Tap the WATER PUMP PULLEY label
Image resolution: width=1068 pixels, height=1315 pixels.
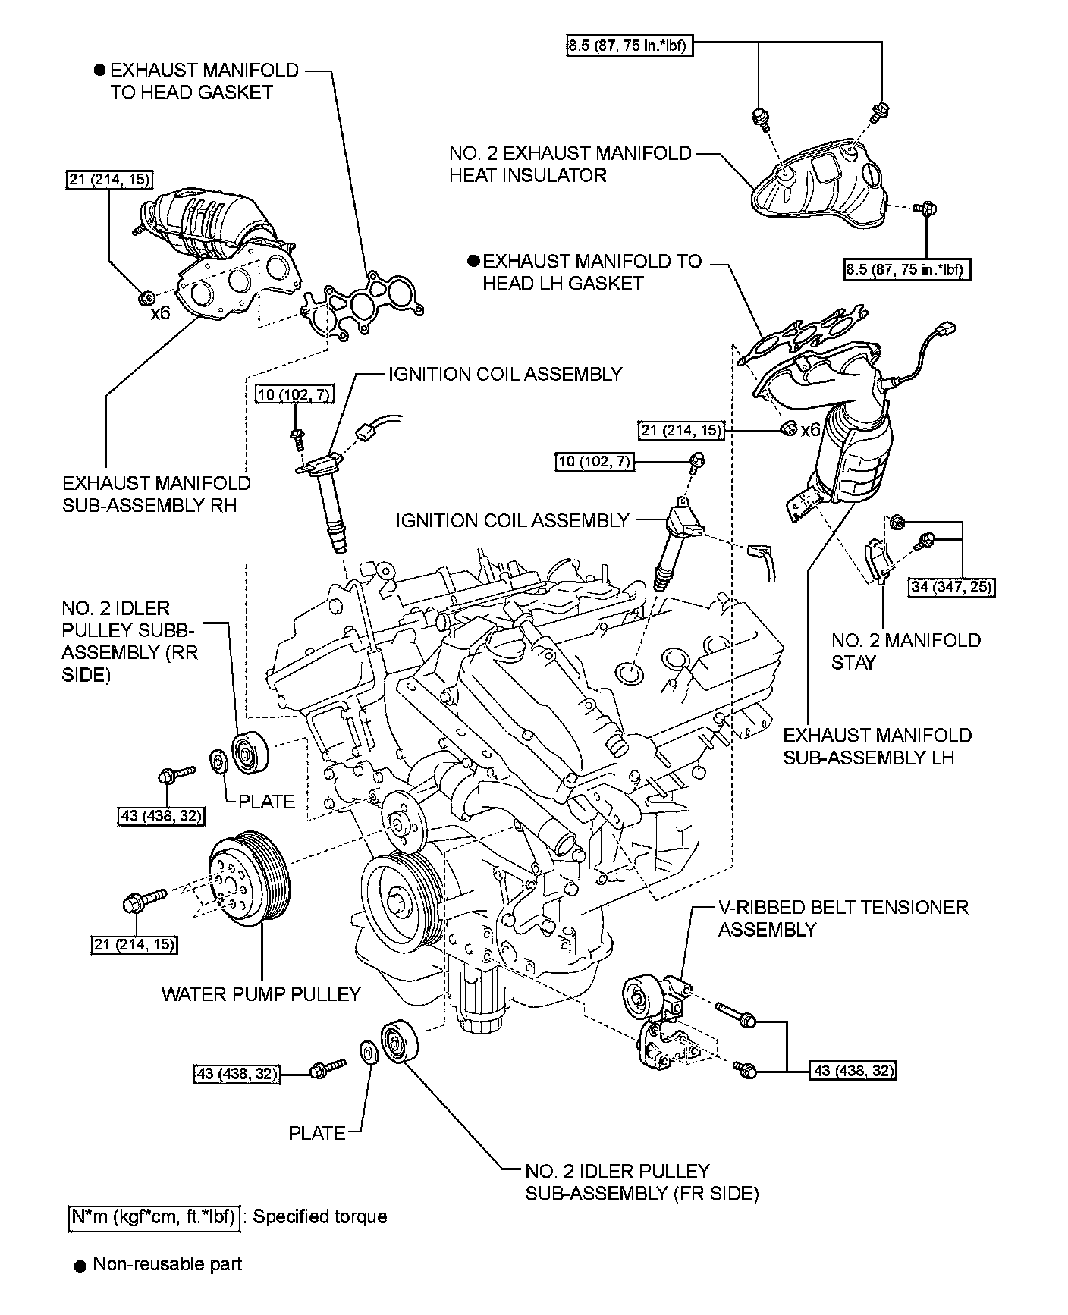(261, 993)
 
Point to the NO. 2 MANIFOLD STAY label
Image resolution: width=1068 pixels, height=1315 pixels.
(906, 651)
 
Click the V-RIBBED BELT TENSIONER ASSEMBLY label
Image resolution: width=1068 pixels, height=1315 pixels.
(843, 918)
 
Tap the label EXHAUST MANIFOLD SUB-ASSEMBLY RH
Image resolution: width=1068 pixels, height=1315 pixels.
(156, 494)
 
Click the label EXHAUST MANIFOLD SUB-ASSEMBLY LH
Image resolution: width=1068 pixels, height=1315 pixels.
(877, 746)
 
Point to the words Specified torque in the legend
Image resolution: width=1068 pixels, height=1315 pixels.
(319, 1216)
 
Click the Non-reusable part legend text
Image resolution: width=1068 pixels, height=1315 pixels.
(167, 1264)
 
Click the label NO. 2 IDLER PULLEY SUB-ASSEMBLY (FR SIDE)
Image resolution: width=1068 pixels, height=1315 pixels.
(642, 1182)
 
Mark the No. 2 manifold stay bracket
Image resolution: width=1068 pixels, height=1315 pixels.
(878, 561)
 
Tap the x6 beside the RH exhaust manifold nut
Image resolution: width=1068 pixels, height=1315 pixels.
(160, 312)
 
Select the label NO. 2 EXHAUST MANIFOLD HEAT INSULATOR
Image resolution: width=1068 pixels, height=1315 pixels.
(570, 165)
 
